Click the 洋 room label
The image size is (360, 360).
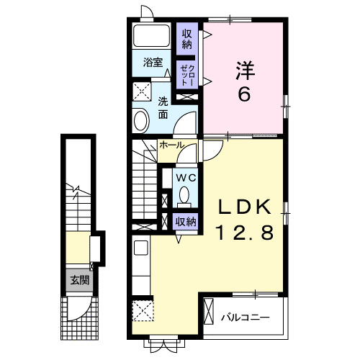click(x=245, y=71)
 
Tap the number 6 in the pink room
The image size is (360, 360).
click(x=245, y=94)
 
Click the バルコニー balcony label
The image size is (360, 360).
click(x=245, y=316)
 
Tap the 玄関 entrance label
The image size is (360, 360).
click(x=79, y=280)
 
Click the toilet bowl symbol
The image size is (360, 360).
click(x=185, y=194)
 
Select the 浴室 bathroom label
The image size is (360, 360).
click(x=151, y=62)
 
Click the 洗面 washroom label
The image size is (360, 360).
click(x=163, y=107)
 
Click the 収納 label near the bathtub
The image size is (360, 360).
click(x=187, y=38)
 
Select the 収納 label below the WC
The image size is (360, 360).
click(x=185, y=222)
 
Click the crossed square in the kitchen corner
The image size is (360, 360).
click(x=142, y=312)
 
